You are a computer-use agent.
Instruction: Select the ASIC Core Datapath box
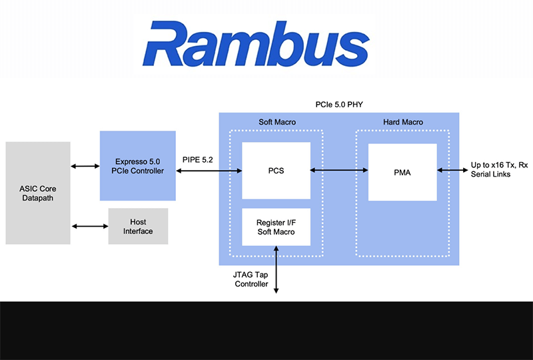pos(37,193)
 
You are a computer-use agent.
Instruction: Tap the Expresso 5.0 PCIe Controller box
pos(137,165)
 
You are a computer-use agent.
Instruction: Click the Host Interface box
pos(138,227)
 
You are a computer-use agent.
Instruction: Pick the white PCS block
pos(276,171)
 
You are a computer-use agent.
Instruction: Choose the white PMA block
pos(402,172)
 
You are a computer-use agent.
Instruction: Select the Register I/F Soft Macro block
pos(276,227)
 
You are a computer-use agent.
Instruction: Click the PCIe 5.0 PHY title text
pos(340,104)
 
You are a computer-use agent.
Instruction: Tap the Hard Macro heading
pos(402,122)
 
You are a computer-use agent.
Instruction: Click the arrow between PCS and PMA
pos(339,171)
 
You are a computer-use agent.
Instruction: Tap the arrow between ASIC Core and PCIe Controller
pos(85,166)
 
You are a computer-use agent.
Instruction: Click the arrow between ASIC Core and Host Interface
pos(89,227)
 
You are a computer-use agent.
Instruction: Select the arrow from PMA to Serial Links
pos(451,171)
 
